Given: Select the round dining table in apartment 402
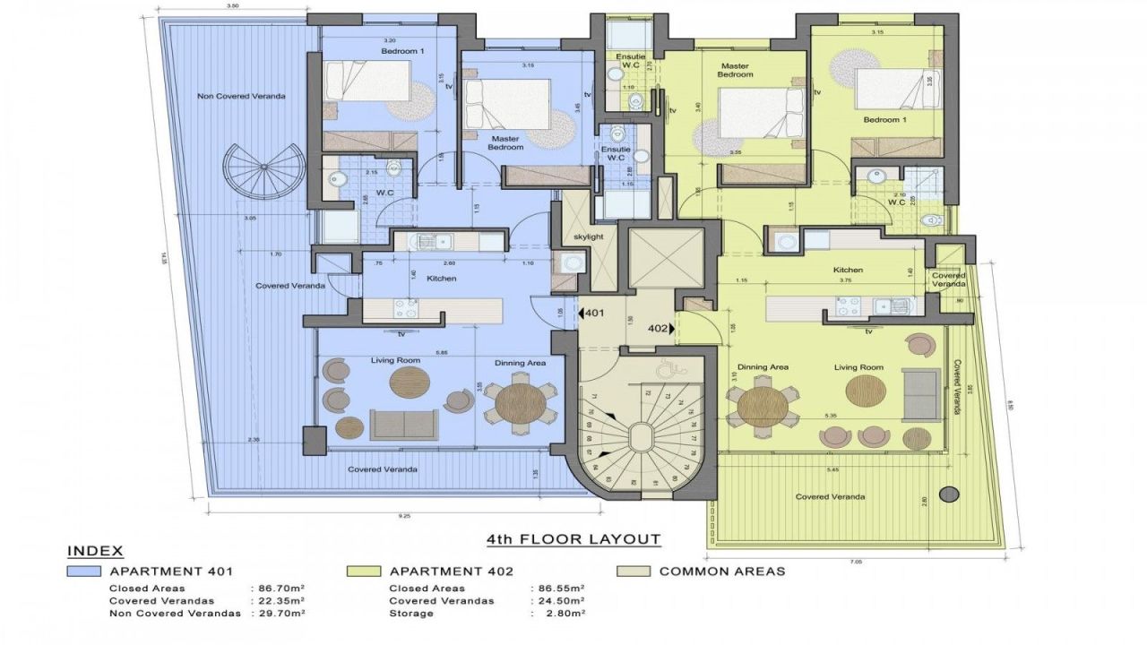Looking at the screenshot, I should tap(763, 407).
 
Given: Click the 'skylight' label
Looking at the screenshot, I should tap(589, 236).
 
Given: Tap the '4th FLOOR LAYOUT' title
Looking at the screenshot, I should tap(573, 539).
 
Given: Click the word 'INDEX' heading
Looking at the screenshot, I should tap(95, 551).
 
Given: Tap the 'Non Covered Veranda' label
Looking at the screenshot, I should tap(229, 96).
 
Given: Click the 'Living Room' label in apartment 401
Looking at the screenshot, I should tap(395, 360).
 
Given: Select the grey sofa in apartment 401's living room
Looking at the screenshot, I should tap(404, 423).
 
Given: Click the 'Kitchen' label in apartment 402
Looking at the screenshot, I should tap(848, 270).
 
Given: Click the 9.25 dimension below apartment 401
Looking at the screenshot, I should tap(405, 516).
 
